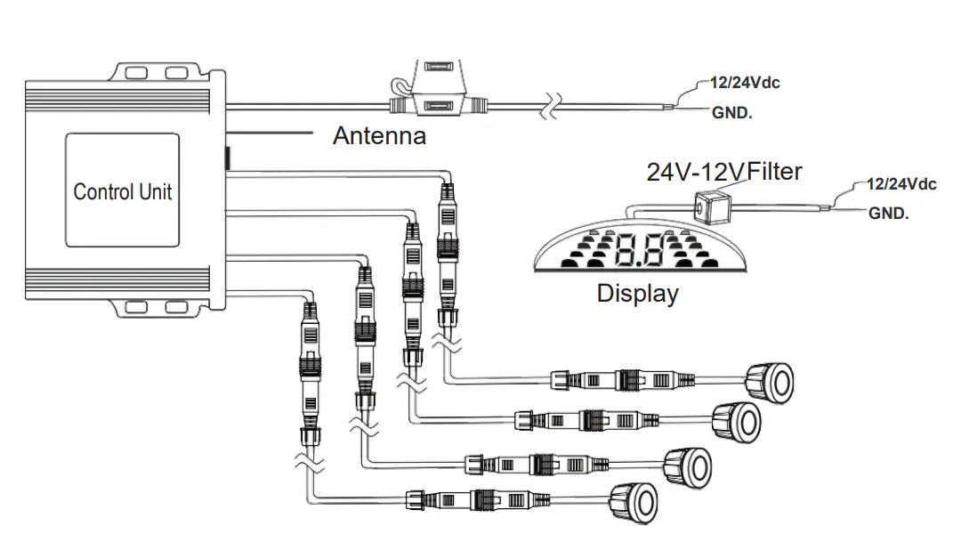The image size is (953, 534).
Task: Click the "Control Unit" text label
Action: click(x=123, y=192)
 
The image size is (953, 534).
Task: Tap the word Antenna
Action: click(x=379, y=136)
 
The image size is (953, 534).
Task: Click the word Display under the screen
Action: click(x=637, y=293)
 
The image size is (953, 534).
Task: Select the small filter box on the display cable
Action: click(x=709, y=207)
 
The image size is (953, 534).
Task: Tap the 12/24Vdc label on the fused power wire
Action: click(x=745, y=83)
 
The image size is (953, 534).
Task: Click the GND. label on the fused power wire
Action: click(x=731, y=113)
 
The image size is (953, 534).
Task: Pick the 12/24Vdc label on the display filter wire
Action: click(x=901, y=184)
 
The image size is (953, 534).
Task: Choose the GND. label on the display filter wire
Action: click(x=888, y=214)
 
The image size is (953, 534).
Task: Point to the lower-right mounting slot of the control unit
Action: click(x=179, y=308)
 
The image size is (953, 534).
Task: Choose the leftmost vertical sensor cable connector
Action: click(x=309, y=365)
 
